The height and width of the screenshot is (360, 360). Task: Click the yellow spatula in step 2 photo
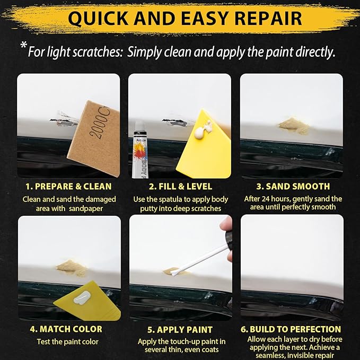pos(207,141)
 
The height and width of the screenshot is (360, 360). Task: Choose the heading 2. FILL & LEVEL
pos(180,186)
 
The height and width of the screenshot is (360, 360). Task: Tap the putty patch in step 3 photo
pos(294,125)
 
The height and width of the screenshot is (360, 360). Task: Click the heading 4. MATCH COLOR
pos(67,329)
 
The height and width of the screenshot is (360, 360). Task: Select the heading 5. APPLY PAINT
pos(180,329)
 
